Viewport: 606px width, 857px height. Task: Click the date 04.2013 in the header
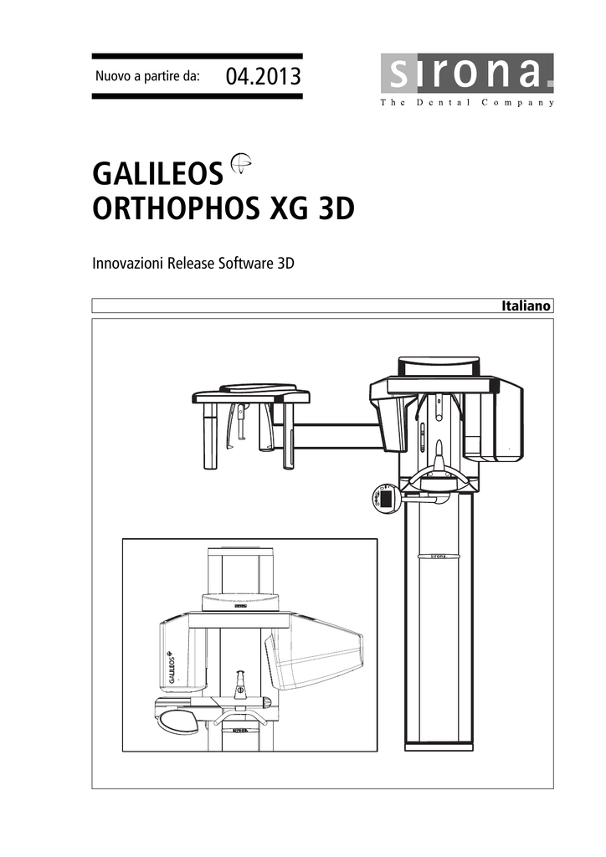(264, 76)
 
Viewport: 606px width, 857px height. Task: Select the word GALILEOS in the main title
(158, 174)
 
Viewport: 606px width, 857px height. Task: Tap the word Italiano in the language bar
(526, 306)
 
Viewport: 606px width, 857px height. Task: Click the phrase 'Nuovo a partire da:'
(147, 76)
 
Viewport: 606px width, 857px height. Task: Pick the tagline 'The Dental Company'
(467, 102)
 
